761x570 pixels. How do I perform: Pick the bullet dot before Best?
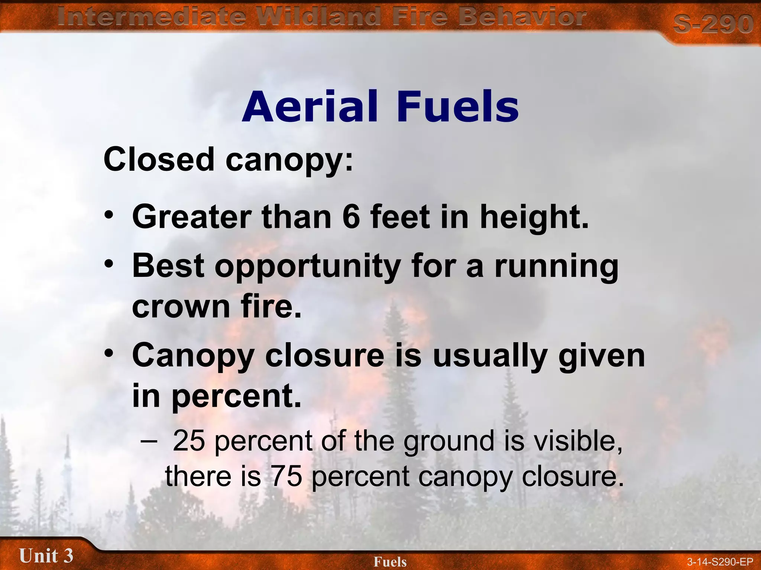click(109, 264)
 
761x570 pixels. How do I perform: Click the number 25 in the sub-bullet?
click(189, 441)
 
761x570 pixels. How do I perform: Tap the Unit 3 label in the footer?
click(46, 556)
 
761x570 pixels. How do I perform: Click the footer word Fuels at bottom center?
click(390, 562)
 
